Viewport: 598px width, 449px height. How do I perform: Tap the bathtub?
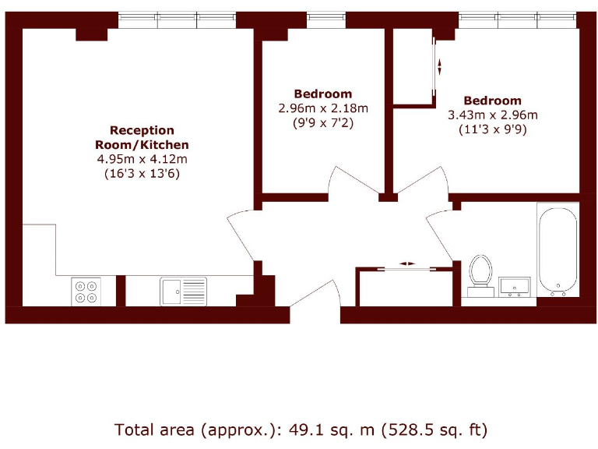tap(558, 251)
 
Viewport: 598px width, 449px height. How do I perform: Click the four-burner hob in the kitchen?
tap(86, 291)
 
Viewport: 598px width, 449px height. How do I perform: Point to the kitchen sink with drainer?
tap(183, 292)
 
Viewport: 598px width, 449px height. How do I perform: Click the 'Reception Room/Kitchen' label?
tap(142, 137)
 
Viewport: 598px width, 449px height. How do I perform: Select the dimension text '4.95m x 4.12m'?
tap(142, 159)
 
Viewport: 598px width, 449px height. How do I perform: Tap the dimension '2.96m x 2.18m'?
tap(322, 108)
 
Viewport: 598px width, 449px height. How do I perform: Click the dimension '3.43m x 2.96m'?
tap(492, 115)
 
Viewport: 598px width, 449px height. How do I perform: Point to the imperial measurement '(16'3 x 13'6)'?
tap(142, 174)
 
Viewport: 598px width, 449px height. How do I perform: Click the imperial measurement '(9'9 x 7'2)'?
tap(322, 123)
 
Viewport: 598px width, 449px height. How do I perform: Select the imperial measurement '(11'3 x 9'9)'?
tap(492, 130)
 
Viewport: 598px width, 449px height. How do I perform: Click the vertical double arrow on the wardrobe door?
tap(440, 66)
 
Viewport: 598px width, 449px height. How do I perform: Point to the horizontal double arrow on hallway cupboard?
tap(407, 263)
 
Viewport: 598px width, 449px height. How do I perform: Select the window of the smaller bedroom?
tap(326, 17)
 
